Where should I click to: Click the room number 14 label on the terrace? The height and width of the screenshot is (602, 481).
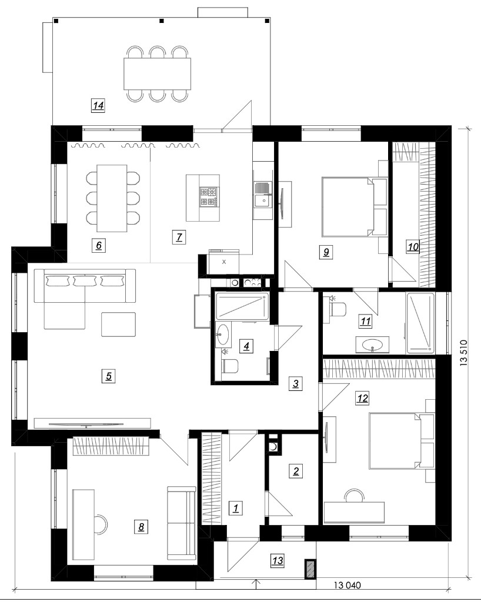click(x=98, y=105)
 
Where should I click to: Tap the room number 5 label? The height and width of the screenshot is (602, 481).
click(x=109, y=376)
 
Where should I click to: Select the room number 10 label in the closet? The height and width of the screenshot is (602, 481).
click(x=413, y=246)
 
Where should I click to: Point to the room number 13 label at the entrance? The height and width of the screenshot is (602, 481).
click(x=278, y=560)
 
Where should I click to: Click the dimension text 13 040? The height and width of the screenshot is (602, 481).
click(x=348, y=586)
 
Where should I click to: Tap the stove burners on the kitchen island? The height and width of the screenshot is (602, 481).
click(x=208, y=196)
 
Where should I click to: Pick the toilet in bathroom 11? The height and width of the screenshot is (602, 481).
click(x=338, y=307)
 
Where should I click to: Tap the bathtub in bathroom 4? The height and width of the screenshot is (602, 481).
click(x=242, y=306)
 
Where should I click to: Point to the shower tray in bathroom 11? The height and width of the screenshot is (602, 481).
click(x=420, y=323)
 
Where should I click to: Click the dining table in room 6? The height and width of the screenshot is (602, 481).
click(x=111, y=198)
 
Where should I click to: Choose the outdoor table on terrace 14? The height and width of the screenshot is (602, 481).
click(x=158, y=73)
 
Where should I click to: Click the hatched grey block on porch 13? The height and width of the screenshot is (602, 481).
click(x=310, y=569)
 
